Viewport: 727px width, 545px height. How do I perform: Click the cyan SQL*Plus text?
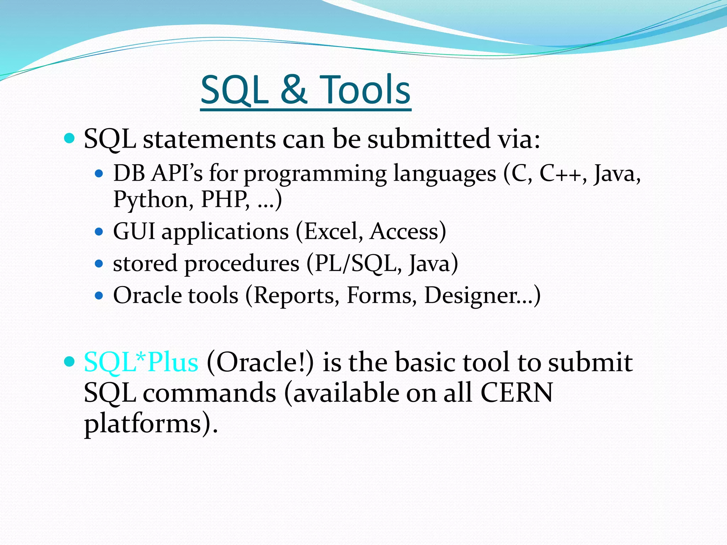(141, 362)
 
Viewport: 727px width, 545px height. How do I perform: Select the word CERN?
(516, 393)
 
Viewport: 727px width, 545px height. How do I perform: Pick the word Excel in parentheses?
(331, 232)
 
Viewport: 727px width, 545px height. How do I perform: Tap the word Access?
(404, 232)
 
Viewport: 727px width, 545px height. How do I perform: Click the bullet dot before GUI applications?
(99, 232)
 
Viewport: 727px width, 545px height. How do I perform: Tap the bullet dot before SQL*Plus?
(70, 362)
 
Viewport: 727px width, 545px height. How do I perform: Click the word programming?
(315, 174)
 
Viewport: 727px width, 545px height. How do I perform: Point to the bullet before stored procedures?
(99, 264)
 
